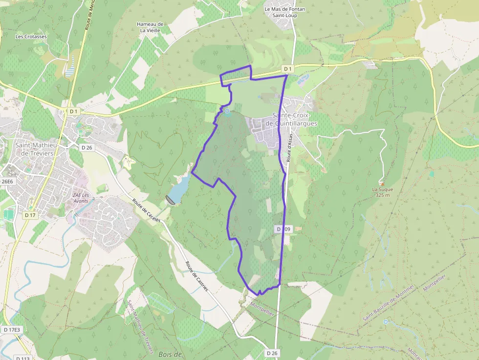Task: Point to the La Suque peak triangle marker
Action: (x=382, y=184)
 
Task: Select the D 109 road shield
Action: (x=283, y=229)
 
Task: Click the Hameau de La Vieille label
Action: (x=150, y=27)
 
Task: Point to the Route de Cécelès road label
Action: (x=147, y=211)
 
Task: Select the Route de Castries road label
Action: (x=196, y=276)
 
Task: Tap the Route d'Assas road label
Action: (x=289, y=148)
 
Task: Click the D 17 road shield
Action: (x=30, y=215)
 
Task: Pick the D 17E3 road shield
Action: (x=12, y=330)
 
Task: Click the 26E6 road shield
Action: (x=7, y=181)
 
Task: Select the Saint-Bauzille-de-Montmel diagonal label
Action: (x=388, y=303)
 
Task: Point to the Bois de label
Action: (x=170, y=354)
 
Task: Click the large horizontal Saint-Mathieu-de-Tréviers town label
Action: (x=37, y=149)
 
